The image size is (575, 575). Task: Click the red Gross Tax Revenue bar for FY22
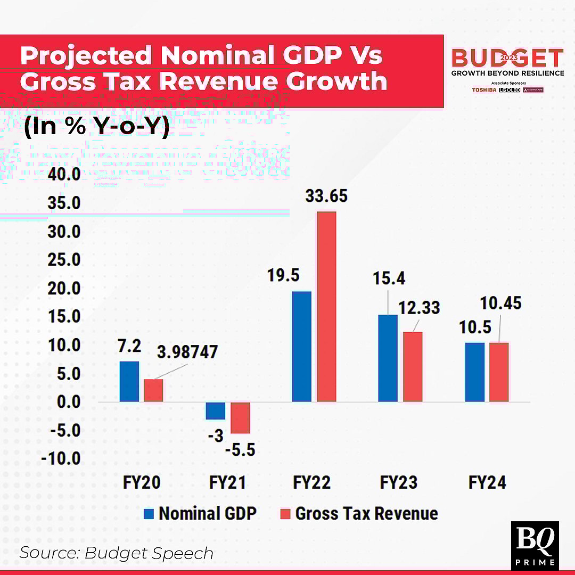(x=326, y=306)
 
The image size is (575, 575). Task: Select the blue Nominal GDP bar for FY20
(x=129, y=381)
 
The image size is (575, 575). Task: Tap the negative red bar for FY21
(x=240, y=417)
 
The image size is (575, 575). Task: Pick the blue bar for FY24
(x=474, y=372)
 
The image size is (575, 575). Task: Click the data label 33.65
(x=326, y=196)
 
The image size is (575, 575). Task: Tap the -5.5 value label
(x=240, y=450)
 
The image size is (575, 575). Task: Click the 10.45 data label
(x=500, y=303)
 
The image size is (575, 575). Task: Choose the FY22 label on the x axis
(x=311, y=482)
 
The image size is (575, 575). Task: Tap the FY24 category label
(x=487, y=482)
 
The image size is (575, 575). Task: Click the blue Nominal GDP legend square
(x=149, y=514)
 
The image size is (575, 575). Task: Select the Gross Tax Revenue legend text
(x=366, y=514)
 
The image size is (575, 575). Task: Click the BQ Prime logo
(x=535, y=545)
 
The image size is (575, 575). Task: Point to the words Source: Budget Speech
(x=116, y=553)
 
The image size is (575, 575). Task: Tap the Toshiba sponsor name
(x=484, y=90)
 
